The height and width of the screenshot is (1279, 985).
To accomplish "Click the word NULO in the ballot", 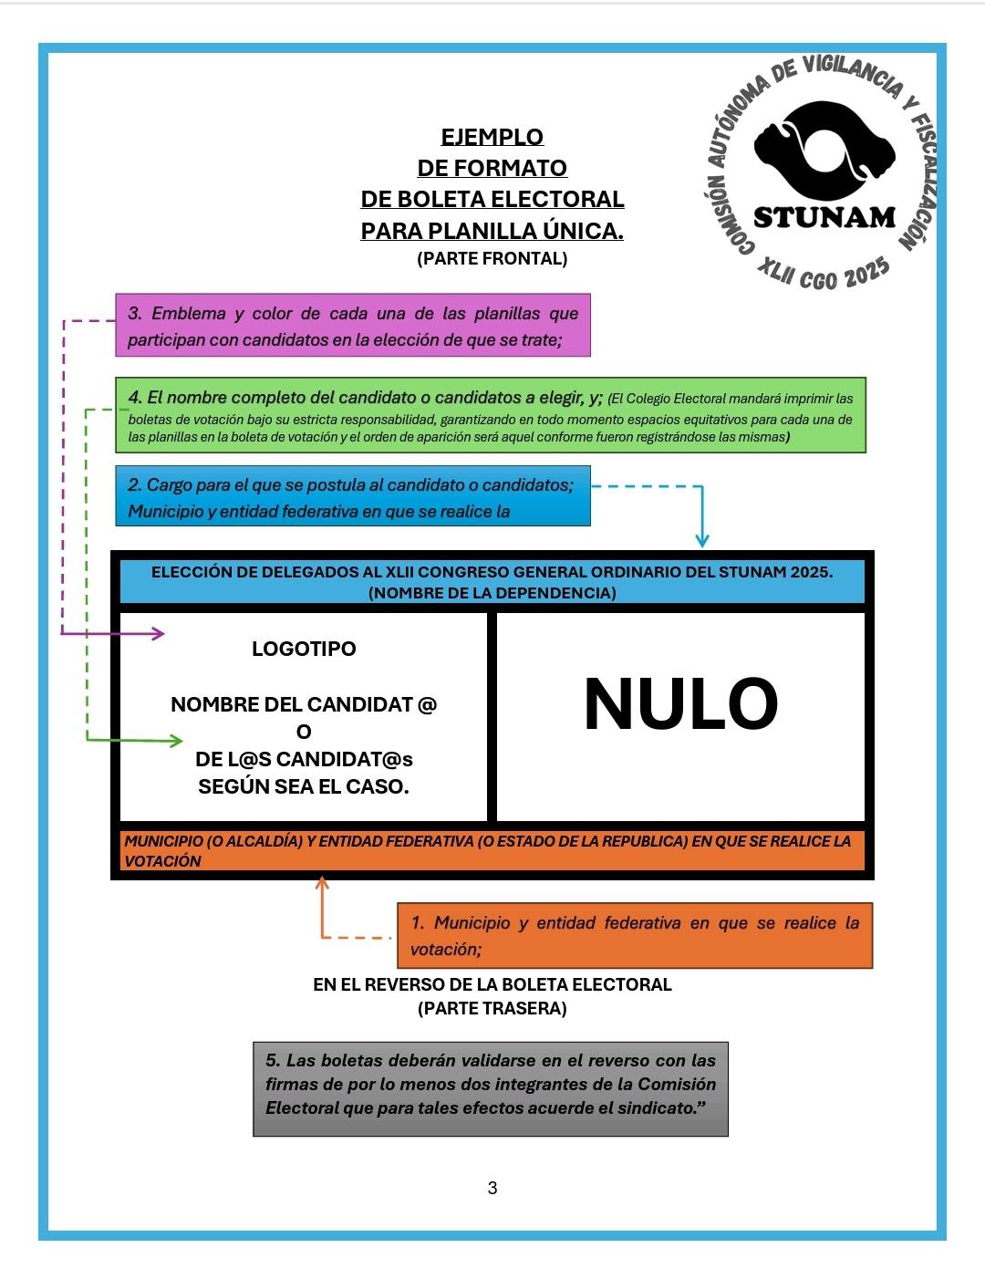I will [x=680, y=704].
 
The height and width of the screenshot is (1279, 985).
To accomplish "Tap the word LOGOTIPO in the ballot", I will [x=304, y=649].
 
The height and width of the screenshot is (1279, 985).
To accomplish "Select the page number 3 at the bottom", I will [x=493, y=1188].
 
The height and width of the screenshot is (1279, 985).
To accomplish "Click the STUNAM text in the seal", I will [x=824, y=217].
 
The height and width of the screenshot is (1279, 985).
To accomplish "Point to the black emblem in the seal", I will [x=824, y=151].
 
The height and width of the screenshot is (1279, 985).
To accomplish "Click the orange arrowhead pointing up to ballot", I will [x=321, y=883].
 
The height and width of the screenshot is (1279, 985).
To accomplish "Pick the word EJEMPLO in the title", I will [x=493, y=137].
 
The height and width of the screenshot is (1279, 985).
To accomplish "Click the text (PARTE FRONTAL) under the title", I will [x=493, y=258].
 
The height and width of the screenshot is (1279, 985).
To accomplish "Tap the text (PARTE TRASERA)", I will [x=493, y=1008].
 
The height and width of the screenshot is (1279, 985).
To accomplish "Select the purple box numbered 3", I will [x=353, y=326].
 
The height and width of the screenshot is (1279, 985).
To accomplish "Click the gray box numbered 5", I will [x=491, y=1088].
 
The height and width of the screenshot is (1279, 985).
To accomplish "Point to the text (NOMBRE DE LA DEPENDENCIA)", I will [x=493, y=593].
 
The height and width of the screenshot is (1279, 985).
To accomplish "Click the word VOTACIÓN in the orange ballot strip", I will [x=162, y=861].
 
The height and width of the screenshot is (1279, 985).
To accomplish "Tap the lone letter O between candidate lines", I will [x=304, y=732].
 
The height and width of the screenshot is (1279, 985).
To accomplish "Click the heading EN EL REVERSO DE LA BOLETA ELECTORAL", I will [x=493, y=984].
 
